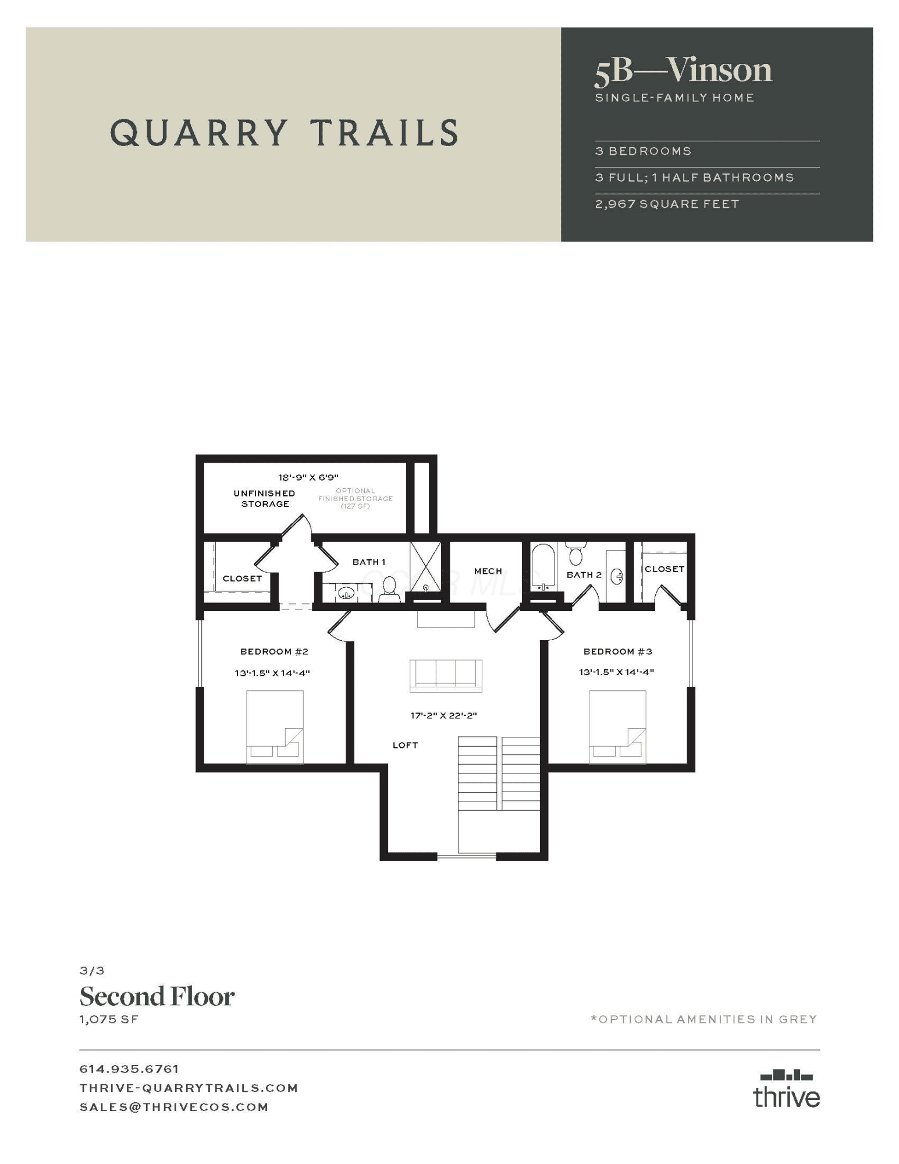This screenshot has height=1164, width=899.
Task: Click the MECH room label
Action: [x=488, y=571]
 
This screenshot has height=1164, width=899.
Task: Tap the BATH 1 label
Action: [x=369, y=562]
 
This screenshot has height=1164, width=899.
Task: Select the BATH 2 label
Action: [x=584, y=575]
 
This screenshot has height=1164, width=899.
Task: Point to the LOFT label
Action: [x=405, y=745]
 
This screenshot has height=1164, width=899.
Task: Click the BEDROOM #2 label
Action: [x=274, y=651]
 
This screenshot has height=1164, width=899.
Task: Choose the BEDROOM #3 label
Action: [x=618, y=651]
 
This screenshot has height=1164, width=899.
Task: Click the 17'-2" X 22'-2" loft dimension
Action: [x=443, y=715]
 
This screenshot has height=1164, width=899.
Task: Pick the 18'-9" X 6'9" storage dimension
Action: [x=308, y=477]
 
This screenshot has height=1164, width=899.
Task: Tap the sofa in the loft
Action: [x=446, y=676]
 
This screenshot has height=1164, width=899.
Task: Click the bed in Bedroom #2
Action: [x=275, y=727]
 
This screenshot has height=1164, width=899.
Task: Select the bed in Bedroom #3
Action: [x=617, y=727]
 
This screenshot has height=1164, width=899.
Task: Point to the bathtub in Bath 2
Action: [x=543, y=567]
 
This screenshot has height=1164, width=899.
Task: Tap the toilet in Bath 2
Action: [x=576, y=553]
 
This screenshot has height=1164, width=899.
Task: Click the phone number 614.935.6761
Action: [x=129, y=1069]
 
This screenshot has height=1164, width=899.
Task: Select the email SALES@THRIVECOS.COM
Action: [x=174, y=1107]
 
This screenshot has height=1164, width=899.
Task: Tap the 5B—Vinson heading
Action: [x=683, y=70]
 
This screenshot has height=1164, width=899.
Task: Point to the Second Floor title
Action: [x=157, y=996]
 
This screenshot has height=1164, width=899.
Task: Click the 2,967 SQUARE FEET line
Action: [x=667, y=204]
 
